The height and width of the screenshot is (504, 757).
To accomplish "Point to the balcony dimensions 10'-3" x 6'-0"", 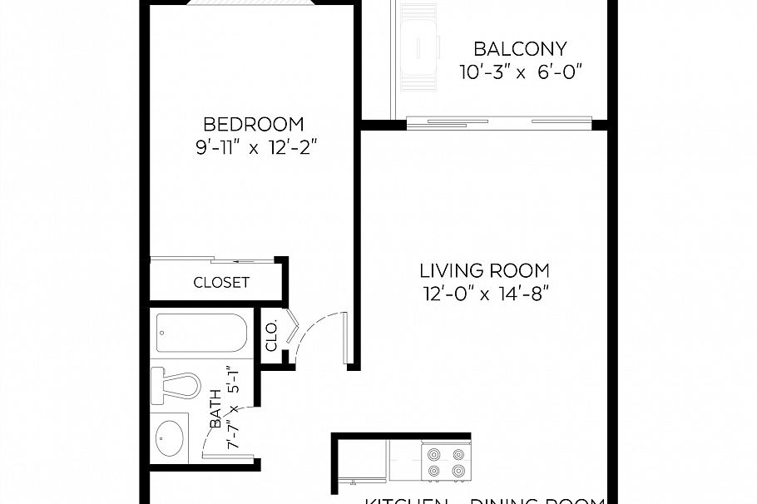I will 519,72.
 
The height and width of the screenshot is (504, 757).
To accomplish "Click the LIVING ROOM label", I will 484,270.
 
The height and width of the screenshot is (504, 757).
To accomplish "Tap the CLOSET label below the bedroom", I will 221,282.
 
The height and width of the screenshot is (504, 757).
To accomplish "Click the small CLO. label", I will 271,336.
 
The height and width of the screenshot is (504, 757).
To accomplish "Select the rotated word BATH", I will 215,408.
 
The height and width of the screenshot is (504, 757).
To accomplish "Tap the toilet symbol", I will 176,385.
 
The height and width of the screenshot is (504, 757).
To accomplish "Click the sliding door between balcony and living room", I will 499,122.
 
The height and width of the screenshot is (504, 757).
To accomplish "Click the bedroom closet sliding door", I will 215,259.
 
